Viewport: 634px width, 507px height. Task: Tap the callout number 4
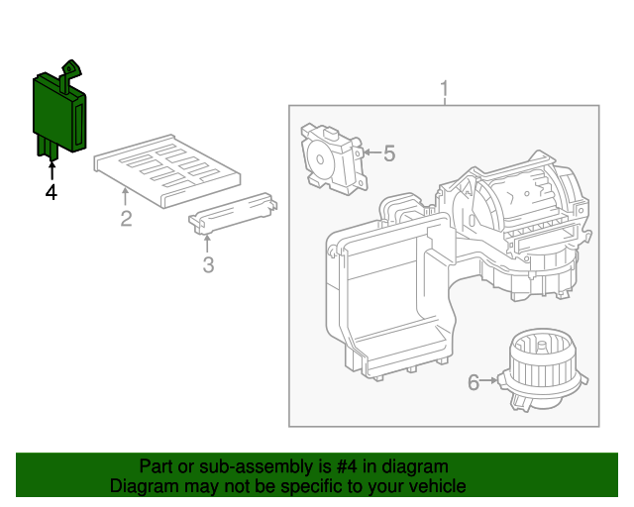point(51,192)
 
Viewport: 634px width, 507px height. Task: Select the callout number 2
point(126,219)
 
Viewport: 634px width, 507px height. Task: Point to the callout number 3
point(208,264)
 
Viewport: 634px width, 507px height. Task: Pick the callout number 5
point(388,153)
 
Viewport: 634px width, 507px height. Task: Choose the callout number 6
point(474,381)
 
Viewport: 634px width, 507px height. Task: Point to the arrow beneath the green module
point(51,169)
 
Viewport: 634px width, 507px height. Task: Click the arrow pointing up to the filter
point(126,197)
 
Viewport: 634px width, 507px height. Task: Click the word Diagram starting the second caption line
point(142,486)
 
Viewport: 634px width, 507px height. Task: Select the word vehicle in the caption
point(434,486)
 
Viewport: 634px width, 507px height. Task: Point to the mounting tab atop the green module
point(71,67)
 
